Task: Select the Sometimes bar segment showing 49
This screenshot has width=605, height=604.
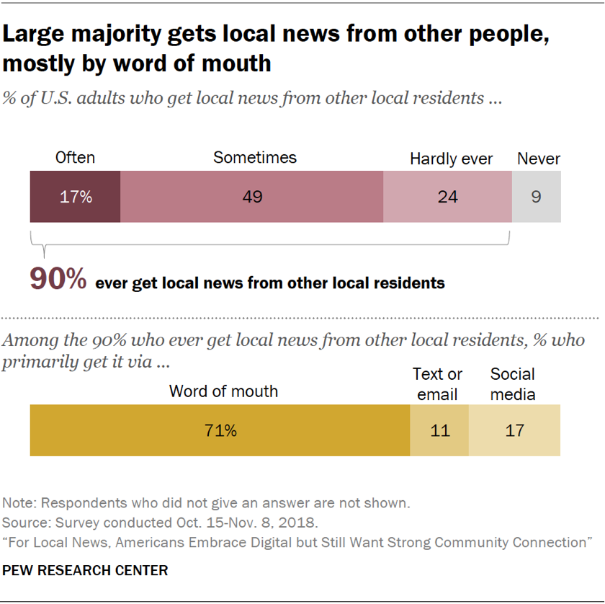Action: point(251,196)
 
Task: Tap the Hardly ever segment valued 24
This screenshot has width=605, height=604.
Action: point(447,196)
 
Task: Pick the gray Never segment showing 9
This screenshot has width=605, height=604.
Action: point(536,196)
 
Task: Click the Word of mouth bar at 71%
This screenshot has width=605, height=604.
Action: point(220,430)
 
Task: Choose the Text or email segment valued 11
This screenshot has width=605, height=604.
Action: point(439,430)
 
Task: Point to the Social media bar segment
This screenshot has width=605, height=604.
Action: point(514,430)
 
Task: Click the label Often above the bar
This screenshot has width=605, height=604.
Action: point(75,158)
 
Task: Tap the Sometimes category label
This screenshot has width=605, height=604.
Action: point(255,158)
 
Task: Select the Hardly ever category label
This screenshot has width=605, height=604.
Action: point(452,159)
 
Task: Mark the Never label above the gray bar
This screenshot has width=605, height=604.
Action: point(539,159)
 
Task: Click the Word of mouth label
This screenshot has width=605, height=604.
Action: point(223,391)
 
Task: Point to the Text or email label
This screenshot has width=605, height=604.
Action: point(437,384)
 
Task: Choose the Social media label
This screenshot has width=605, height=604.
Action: point(513,384)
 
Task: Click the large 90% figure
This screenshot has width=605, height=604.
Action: point(58,279)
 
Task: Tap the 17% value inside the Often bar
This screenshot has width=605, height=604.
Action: point(76,196)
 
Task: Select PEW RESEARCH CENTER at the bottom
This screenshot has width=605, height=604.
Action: point(85,570)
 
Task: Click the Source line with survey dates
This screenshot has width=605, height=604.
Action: point(161,522)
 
